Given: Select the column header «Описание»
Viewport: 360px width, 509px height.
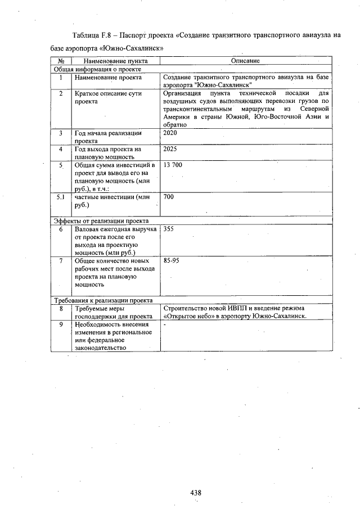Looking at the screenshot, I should pos(245,60).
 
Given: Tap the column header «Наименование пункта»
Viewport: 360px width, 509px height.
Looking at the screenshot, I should pos(111,60).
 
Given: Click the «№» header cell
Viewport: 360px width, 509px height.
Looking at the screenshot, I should pos(61,60).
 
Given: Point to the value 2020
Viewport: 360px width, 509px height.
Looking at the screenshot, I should pos(170,133).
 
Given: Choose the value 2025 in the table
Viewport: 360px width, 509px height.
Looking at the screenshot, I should pos(170,150).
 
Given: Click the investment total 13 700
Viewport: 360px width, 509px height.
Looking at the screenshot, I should pos(173,166).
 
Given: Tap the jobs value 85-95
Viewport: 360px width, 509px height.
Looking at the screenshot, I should pos(172,262).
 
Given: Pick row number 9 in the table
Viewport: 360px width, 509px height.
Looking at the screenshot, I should pos(61,325).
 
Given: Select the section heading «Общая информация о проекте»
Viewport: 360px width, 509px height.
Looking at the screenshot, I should pos(97,68).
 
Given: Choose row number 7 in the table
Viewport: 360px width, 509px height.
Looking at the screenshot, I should pos(61,262).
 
